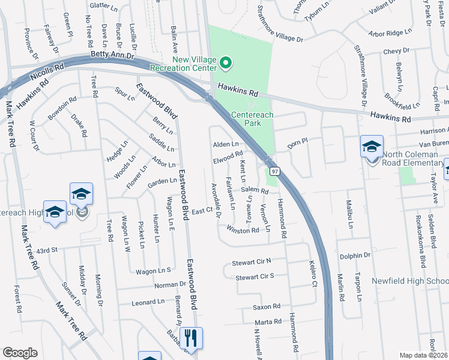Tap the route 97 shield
point(274,172)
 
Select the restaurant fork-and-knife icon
point(191,338)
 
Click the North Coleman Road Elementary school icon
point(372,146)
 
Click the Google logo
point(20,353)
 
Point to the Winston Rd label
point(243,230)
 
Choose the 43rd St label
point(46,250)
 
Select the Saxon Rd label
point(263,307)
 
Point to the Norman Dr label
point(170,284)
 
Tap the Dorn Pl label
point(297,142)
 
